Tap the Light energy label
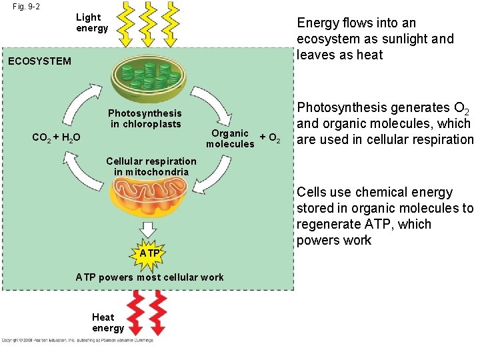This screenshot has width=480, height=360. (x=92, y=23)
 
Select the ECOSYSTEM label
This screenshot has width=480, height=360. (x=39, y=61)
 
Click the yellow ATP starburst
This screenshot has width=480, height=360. (x=150, y=253)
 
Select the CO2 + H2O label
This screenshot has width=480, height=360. (x=57, y=137)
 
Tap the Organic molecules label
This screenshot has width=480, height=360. (x=230, y=138)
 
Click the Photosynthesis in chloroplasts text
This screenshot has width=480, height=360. (x=145, y=119)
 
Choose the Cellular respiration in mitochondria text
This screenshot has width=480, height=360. (x=151, y=167)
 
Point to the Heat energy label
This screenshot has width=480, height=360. (x=108, y=323)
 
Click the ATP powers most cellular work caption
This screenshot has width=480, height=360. (x=150, y=277)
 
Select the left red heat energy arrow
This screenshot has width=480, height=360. (x=137, y=312)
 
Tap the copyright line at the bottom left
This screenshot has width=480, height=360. (x=77, y=341)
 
